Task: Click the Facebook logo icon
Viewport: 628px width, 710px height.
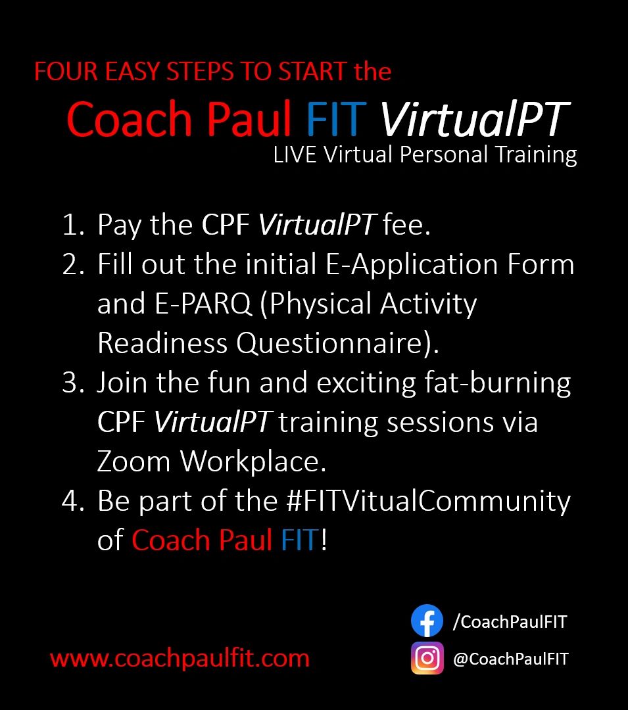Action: (427, 621)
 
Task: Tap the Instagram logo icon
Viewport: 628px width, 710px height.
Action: (427, 658)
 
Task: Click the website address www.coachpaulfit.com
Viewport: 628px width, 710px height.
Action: (180, 658)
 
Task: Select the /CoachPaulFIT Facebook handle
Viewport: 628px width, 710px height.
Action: (510, 622)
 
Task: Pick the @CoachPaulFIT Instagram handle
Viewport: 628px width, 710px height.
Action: (511, 659)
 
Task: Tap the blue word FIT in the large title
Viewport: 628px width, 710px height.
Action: (336, 118)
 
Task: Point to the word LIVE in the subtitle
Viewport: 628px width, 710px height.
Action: (295, 154)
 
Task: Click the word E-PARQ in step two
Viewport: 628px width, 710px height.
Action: (203, 303)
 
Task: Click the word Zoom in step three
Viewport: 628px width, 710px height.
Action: (133, 461)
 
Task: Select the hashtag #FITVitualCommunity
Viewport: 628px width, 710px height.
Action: (429, 502)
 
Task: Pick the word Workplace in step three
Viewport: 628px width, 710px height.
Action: (253, 462)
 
